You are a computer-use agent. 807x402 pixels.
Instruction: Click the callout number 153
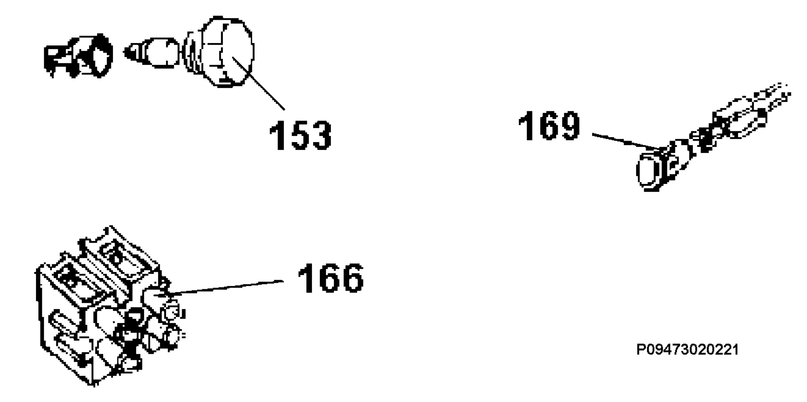coord(300,135)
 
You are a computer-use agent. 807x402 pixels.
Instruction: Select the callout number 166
coord(331,278)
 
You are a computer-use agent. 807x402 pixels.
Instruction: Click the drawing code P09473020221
coord(688,350)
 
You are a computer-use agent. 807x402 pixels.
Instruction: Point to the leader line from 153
coord(258,83)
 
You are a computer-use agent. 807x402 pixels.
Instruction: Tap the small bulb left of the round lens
coord(153,53)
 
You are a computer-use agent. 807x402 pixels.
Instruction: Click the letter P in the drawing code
coord(641,350)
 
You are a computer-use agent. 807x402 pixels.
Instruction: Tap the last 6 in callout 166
coord(353,278)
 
